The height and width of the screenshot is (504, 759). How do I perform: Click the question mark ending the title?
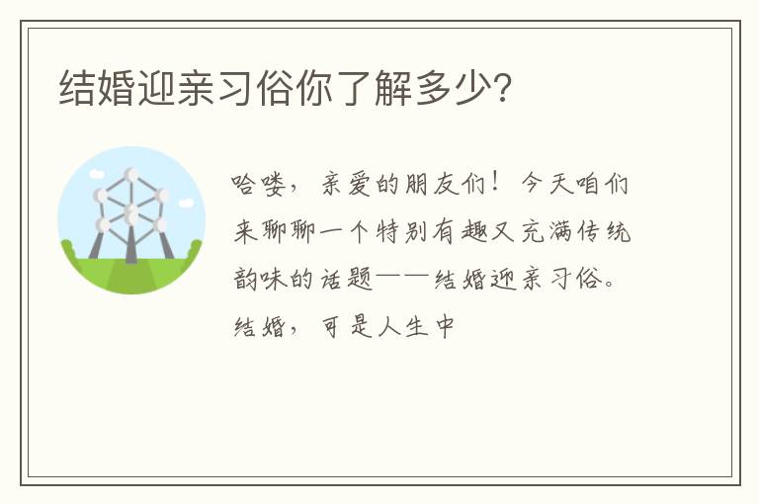pos(503,88)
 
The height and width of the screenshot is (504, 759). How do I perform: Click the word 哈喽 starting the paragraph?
pos(258,185)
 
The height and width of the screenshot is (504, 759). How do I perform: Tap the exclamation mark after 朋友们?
pos(495,183)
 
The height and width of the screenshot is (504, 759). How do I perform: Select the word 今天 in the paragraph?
pos(547,185)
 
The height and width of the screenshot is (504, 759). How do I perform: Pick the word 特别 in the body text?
pos(402,231)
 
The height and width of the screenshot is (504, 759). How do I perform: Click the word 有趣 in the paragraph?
pos(459,231)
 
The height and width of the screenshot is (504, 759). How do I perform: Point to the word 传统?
pos(604,231)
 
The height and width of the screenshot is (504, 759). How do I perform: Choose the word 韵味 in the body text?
pos(260,279)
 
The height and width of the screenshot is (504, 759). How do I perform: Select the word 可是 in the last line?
pos(346,326)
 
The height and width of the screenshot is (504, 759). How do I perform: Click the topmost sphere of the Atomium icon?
pos(131,174)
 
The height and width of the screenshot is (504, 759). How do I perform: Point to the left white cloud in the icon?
pos(97,173)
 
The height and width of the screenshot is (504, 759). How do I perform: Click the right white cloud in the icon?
pos(186,203)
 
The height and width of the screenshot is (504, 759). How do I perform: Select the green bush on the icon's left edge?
pos(68,250)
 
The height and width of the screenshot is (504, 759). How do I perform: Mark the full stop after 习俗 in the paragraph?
pos(610,284)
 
